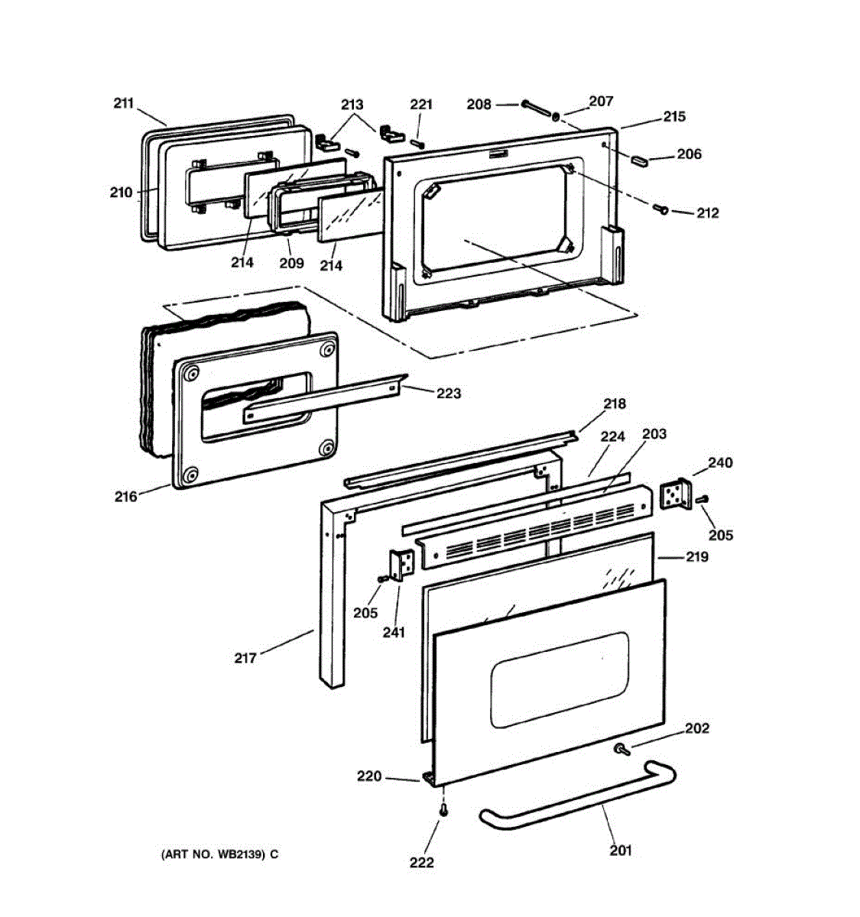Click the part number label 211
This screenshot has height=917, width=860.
123,103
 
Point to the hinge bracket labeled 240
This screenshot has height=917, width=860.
675,494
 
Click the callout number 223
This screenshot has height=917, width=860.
449,393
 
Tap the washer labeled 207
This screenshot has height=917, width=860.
557,116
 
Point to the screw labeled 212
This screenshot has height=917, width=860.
661,208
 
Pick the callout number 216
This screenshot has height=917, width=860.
126,497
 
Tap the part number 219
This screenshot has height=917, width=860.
696,556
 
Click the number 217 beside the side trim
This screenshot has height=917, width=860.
245,657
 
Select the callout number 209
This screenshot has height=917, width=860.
291,263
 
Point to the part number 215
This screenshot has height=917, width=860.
673,116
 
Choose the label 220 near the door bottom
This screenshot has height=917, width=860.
369,776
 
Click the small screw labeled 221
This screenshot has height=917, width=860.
418,143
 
